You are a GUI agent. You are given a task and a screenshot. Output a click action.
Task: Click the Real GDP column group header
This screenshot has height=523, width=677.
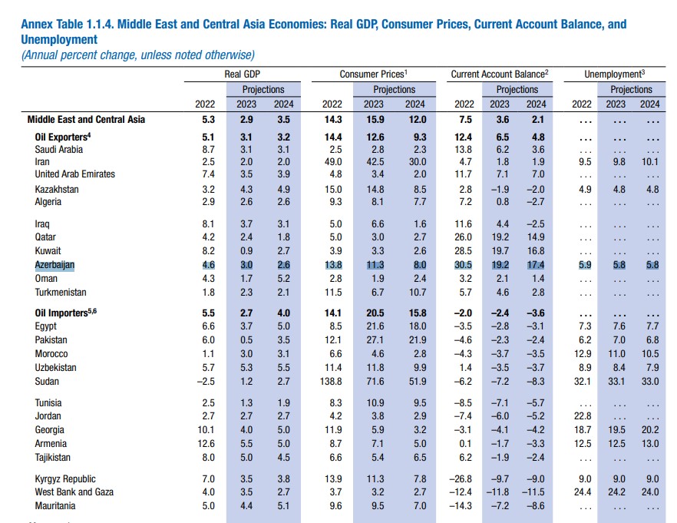[x=242, y=74]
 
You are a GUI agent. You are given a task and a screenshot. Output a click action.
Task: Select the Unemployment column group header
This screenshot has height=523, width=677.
[x=614, y=74]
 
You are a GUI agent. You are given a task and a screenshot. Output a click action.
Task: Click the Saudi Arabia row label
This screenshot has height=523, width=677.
[x=59, y=149]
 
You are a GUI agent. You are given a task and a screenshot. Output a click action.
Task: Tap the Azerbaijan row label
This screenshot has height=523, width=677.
[x=55, y=264]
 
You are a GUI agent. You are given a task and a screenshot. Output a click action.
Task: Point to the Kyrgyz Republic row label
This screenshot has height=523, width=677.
[x=65, y=477]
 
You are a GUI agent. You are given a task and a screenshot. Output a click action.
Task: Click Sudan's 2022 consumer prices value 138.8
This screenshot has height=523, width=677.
[x=329, y=381]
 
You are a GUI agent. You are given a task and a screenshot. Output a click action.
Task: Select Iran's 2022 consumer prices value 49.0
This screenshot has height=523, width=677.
[x=332, y=162]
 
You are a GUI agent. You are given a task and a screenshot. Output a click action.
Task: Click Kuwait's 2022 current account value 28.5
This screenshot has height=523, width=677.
[x=464, y=250]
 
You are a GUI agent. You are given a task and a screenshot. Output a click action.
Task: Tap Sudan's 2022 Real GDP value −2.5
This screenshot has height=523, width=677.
[x=203, y=381]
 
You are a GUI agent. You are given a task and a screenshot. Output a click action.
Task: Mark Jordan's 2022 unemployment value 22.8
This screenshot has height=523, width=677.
[x=582, y=415]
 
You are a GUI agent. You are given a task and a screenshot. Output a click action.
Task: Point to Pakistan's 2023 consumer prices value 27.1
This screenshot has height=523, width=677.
[x=373, y=339]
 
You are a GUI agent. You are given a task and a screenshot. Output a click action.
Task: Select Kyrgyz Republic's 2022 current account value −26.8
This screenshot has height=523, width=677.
[x=461, y=477]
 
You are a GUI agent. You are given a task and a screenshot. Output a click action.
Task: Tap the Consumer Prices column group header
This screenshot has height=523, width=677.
[x=373, y=74]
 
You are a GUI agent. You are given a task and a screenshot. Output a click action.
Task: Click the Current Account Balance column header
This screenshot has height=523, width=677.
[x=500, y=74]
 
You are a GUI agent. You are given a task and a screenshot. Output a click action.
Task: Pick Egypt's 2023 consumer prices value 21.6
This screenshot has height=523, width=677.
[x=373, y=326]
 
